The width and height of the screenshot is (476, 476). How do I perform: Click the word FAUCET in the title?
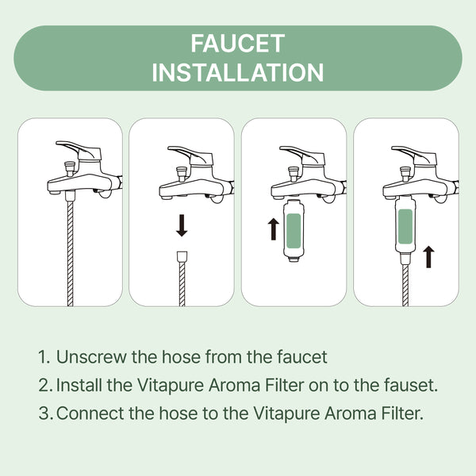(x=238, y=44)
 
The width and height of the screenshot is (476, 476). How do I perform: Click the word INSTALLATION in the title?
(x=238, y=72)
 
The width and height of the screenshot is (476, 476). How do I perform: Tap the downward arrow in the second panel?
(x=182, y=225)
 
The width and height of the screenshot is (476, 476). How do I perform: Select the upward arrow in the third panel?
(x=274, y=229)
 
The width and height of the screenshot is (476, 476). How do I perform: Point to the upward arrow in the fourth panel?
(x=428, y=257)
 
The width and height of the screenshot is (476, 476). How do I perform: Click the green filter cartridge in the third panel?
(x=294, y=230)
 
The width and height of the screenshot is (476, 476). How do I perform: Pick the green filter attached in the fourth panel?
(x=405, y=226)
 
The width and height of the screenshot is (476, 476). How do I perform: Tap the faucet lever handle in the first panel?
(x=79, y=149)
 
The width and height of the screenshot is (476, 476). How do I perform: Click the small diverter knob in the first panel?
(x=70, y=168)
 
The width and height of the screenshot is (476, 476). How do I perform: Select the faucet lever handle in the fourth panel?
(x=414, y=155)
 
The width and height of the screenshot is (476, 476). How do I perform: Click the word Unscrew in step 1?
(x=91, y=357)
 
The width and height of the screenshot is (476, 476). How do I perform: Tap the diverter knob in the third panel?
(x=294, y=174)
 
